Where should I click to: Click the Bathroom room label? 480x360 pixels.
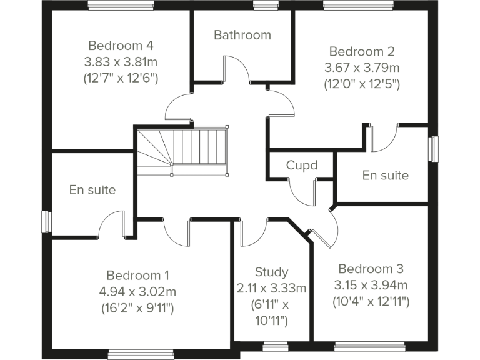click(242, 35)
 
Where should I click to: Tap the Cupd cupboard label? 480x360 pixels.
click(302, 166)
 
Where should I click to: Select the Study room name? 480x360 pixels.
click(271, 272)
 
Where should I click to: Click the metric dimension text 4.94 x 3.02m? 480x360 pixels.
click(137, 291)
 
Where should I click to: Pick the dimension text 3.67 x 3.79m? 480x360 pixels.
click(362, 67)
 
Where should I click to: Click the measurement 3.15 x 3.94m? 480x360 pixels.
click(371, 286)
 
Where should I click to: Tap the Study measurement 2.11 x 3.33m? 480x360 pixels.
click(271, 288)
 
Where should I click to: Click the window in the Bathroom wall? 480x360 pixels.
click(261, 6)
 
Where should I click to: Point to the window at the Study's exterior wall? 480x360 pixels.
click(275, 344)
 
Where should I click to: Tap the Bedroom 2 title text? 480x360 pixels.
click(362, 51)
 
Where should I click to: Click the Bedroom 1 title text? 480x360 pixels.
click(137, 275)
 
